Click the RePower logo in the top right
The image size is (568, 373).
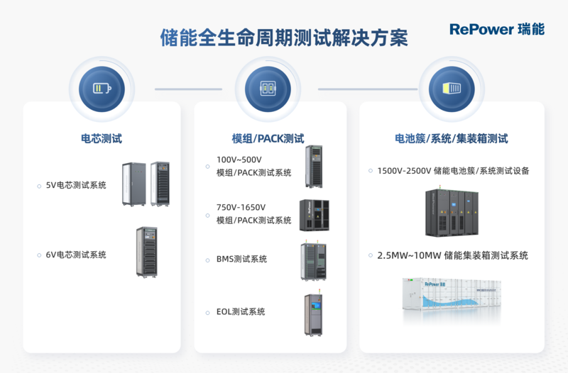click(x=496, y=29)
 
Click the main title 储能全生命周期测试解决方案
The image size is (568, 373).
click(x=284, y=38)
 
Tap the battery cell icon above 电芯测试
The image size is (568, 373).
click(x=102, y=89)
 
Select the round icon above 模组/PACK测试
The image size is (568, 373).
click(x=268, y=89)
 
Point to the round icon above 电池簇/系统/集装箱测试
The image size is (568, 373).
click(x=452, y=89)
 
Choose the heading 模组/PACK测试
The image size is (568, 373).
click(x=268, y=139)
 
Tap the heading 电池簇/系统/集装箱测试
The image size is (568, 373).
click(x=452, y=139)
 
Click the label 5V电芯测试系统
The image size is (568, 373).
click(x=76, y=185)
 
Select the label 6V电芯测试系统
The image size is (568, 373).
click(x=76, y=255)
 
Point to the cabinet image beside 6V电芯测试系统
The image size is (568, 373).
click(x=148, y=252)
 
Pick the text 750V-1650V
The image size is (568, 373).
click(x=241, y=208)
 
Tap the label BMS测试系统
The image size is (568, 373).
click(x=241, y=260)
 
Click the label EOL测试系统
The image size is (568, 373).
click(x=241, y=311)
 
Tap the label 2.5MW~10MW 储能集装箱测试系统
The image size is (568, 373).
click(x=452, y=255)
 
